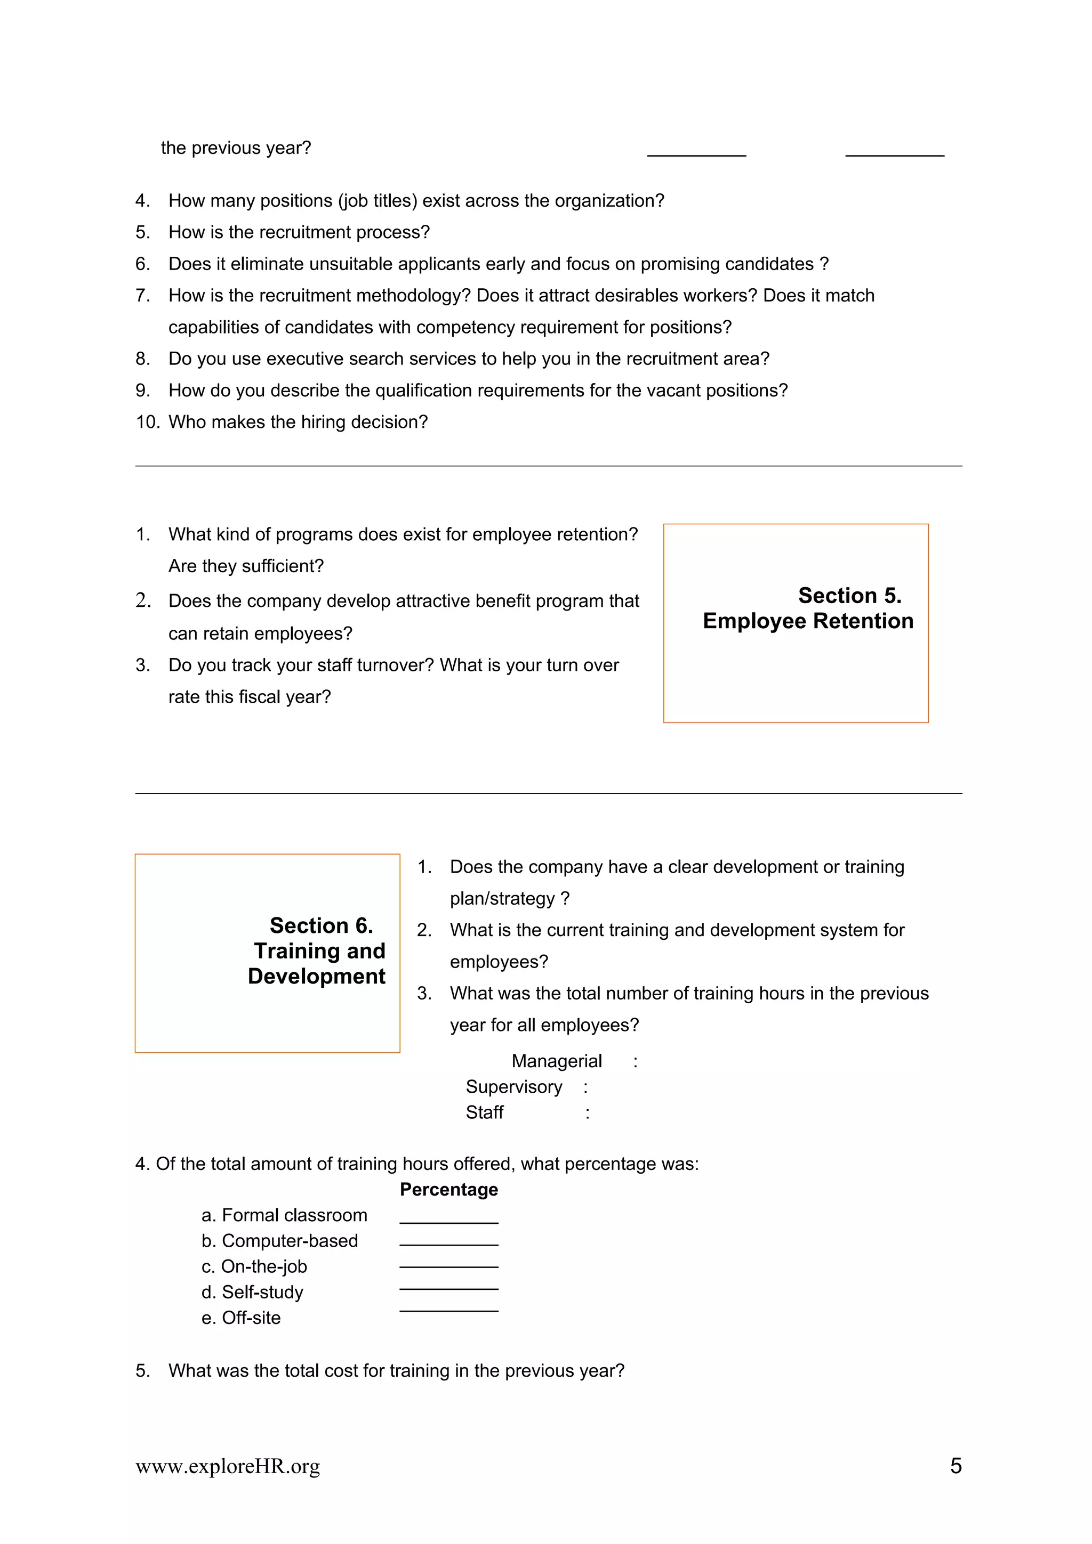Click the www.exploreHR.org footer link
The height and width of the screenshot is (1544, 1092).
pyautogui.click(x=228, y=1466)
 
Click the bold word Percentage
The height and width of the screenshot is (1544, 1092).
pyautogui.click(x=449, y=1189)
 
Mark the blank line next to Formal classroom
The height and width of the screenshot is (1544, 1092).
pyautogui.click(x=449, y=1222)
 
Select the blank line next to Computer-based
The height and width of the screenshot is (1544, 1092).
pyautogui.click(x=449, y=1244)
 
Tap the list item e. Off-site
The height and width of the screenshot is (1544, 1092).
pyautogui.click(x=241, y=1318)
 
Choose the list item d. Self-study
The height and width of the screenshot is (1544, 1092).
pyautogui.click(x=252, y=1292)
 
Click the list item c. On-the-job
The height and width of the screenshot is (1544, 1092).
pyautogui.click(x=254, y=1266)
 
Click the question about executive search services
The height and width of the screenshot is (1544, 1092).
pyautogui.click(x=468, y=359)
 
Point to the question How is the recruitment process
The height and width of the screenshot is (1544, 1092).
pyautogui.click(x=299, y=232)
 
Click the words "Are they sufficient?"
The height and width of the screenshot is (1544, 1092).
pyautogui.click(x=246, y=566)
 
